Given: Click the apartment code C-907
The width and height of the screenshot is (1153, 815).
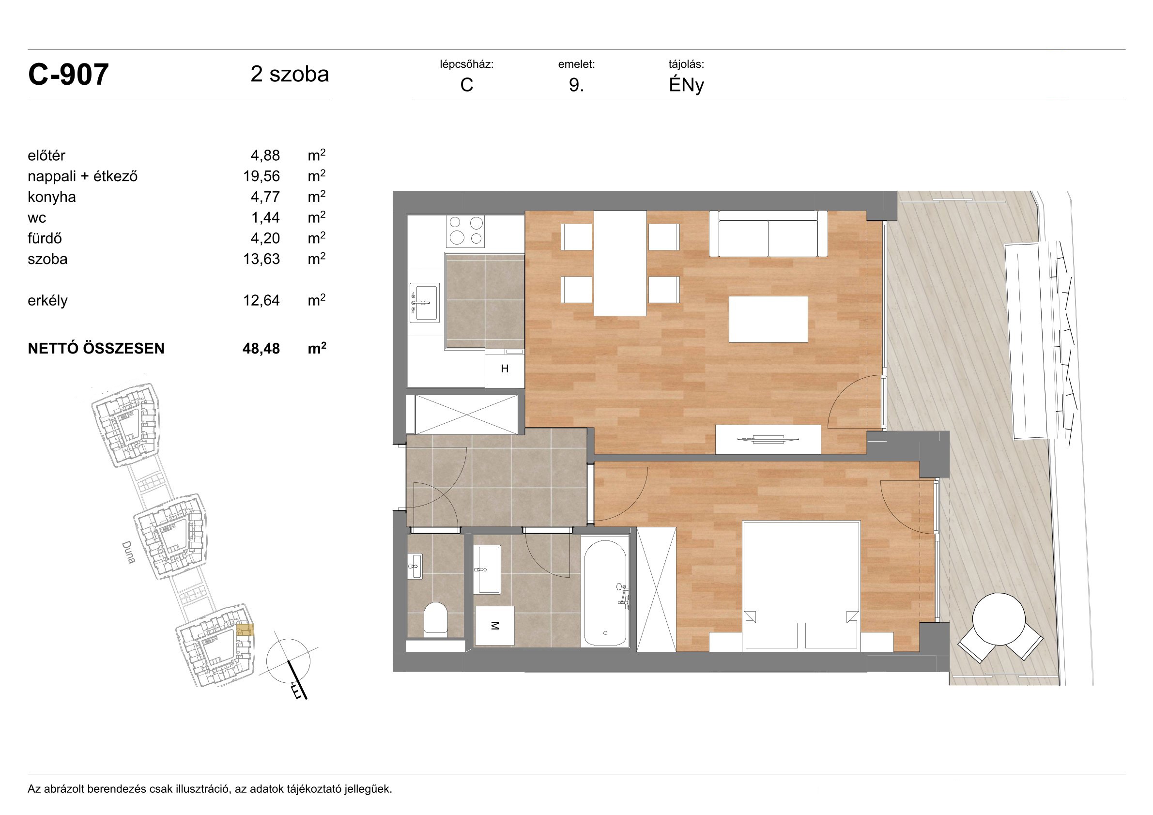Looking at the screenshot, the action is [x=68, y=75].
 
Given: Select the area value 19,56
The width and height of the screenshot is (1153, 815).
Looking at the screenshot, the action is [x=261, y=176].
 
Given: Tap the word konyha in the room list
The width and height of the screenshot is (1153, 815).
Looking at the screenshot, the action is [x=52, y=197].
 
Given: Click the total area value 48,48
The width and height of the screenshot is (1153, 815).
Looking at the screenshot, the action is [x=261, y=349].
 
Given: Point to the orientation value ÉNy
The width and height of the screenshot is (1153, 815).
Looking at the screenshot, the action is [x=686, y=85].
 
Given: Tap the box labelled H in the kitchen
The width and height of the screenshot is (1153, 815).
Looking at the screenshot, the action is [x=505, y=369].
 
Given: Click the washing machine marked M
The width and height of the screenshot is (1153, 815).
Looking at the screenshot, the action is [x=494, y=626].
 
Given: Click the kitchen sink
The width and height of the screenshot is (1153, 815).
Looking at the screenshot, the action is [x=424, y=303].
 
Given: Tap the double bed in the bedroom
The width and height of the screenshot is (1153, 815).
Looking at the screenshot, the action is [x=800, y=586].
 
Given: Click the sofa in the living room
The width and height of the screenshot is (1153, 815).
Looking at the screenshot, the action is [x=768, y=233].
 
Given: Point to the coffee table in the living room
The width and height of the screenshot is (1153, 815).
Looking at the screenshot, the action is [x=769, y=320].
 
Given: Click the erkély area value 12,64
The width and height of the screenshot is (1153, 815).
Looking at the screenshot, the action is [x=261, y=300].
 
